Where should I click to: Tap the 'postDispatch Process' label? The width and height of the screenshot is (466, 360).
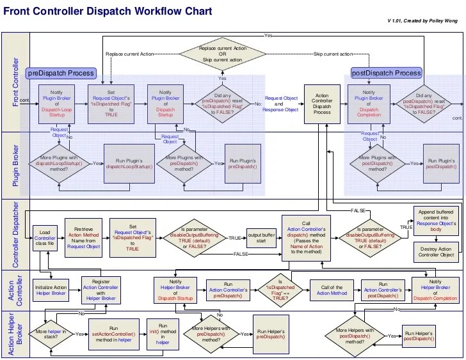coord(386,74)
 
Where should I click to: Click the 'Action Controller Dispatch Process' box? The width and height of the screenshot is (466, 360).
coord(322,102)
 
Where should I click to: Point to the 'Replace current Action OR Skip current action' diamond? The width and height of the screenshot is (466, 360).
coord(223,54)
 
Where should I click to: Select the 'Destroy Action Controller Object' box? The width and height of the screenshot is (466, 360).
coord(437,251)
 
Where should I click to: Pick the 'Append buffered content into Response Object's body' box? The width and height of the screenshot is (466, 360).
coord(437,220)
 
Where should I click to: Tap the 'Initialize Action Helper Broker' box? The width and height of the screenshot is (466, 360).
coord(51,290)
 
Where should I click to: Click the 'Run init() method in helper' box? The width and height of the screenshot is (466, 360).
coord(163,333)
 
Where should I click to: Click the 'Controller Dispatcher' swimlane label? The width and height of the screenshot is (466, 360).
coord(17,233)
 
